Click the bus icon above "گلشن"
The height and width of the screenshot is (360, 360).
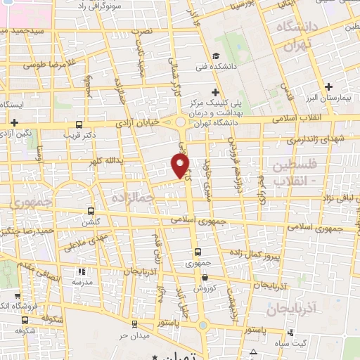90,210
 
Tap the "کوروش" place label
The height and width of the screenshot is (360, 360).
208,288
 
